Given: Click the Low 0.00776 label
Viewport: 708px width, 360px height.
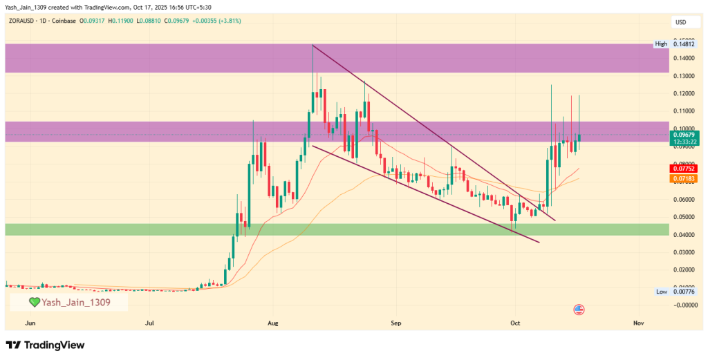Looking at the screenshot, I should point(670,292).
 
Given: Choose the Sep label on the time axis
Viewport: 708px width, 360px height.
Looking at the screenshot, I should point(395,323).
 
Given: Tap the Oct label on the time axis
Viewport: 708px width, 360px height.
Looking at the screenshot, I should point(515,323).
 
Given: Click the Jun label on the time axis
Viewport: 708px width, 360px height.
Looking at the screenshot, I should point(29,323).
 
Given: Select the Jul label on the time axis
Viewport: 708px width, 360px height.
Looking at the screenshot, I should point(150,323).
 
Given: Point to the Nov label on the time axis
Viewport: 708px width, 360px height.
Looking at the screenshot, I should point(638,323).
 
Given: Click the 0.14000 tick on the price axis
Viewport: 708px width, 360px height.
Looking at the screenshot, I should point(684,58).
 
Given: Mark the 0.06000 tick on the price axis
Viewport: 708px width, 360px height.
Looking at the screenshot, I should point(684,200).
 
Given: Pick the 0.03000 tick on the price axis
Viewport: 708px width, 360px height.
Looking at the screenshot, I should point(684,253).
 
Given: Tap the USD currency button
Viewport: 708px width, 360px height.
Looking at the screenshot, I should point(681,23).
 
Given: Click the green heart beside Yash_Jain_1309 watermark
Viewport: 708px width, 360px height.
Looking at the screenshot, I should point(34,303).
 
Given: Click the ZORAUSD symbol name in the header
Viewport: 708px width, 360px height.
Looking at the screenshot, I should point(24,21).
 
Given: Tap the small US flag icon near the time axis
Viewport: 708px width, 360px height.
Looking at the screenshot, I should point(579,310).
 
